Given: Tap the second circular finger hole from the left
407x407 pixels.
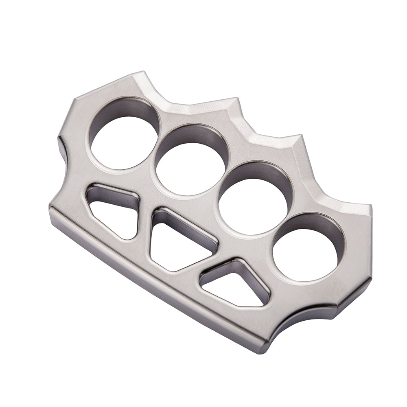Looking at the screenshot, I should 190,164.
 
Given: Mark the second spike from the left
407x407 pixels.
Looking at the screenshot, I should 236,99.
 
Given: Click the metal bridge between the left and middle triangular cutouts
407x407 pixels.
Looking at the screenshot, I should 144,228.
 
